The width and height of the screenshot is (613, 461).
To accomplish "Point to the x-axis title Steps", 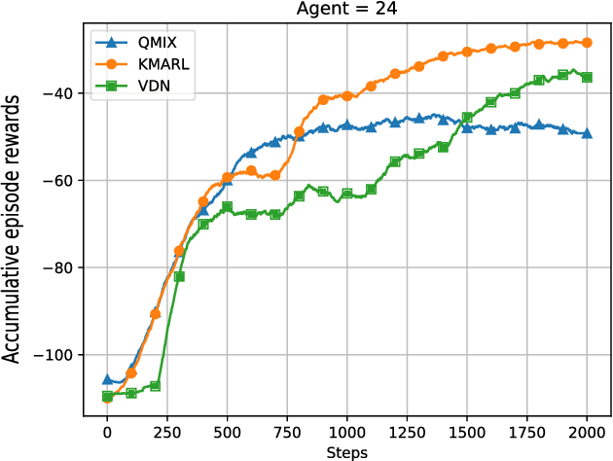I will point(346,452).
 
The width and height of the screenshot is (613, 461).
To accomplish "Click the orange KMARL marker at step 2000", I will point(587,42).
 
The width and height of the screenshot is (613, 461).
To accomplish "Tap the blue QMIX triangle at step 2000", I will point(587,133).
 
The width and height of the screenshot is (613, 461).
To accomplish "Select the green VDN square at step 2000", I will point(587,77).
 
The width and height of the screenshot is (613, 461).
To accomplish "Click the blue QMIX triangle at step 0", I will point(107,379).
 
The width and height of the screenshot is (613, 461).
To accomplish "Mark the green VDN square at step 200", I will point(155,386).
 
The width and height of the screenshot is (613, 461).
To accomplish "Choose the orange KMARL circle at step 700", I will point(275,175).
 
